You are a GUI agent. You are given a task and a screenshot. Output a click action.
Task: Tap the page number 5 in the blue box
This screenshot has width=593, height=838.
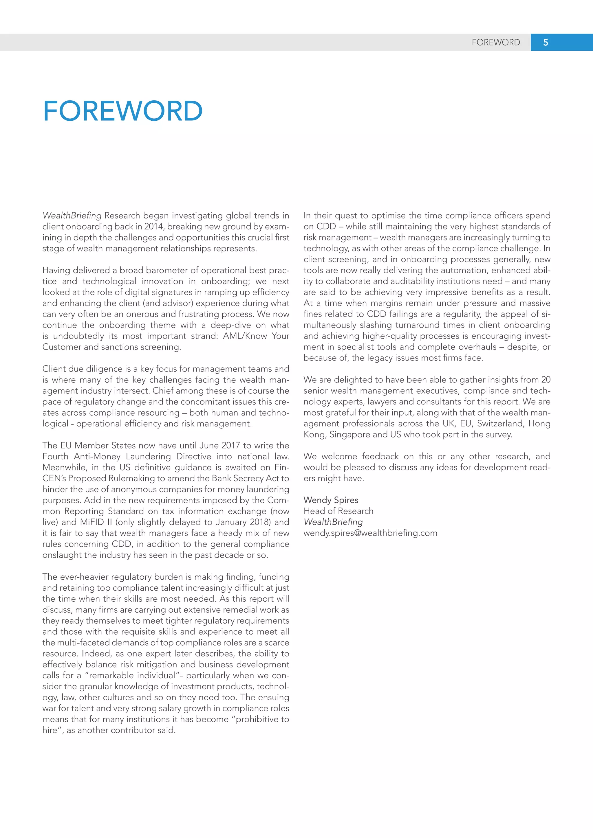pos(545,42)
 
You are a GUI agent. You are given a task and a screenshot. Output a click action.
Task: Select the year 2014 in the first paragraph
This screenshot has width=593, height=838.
pos(154,226)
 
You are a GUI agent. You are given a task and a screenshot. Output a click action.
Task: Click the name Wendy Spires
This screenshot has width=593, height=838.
pos(331,500)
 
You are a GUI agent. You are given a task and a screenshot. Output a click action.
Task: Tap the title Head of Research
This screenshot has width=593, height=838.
pos(338,511)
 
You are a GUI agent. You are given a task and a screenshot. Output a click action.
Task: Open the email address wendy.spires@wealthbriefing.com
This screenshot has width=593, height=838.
pos(370,533)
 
